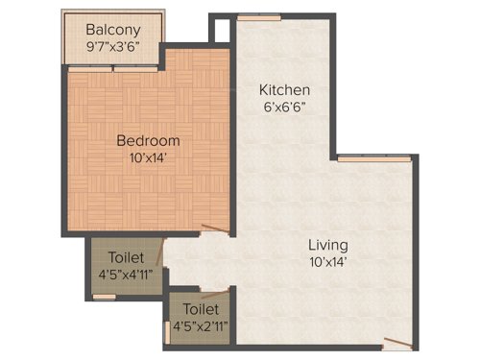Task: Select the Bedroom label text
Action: (x=148, y=140)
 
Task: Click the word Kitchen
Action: (x=284, y=90)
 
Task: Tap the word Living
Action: (x=328, y=244)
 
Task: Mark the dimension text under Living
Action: (x=328, y=260)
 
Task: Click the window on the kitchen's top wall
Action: (x=259, y=17)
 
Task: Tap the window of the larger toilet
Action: (x=105, y=297)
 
